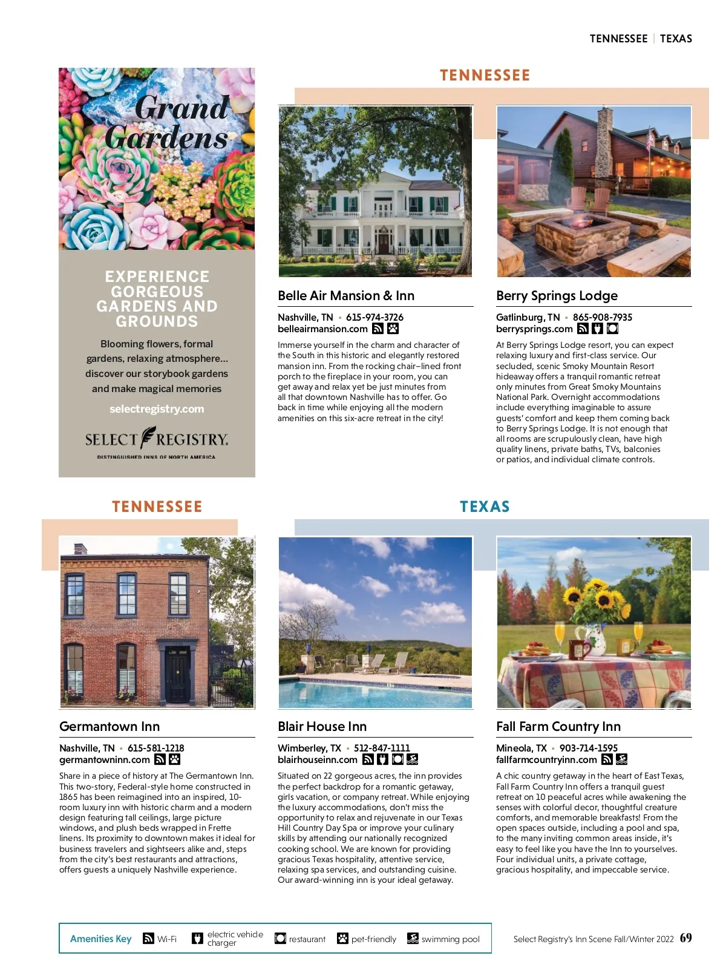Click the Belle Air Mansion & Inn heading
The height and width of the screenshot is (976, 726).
tap(346, 296)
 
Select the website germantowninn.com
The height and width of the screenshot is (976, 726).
tap(105, 760)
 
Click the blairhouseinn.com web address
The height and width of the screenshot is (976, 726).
tap(318, 760)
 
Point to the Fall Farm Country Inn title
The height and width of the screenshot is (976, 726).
tap(558, 727)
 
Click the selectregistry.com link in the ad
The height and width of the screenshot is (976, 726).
tap(157, 409)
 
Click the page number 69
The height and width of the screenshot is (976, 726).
tap(685, 938)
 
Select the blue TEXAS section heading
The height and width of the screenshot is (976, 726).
tap(485, 507)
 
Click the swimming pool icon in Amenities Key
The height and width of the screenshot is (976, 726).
tap(413, 938)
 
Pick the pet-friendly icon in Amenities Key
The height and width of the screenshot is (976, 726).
tap(342, 938)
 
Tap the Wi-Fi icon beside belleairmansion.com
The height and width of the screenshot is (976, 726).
tap(378, 329)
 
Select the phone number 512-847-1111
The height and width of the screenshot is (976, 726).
tap(382, 748)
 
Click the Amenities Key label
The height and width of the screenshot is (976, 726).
tap(100, 939)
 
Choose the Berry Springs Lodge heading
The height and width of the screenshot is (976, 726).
tap(557, 296)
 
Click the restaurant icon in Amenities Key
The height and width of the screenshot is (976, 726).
tap(280, 938)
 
